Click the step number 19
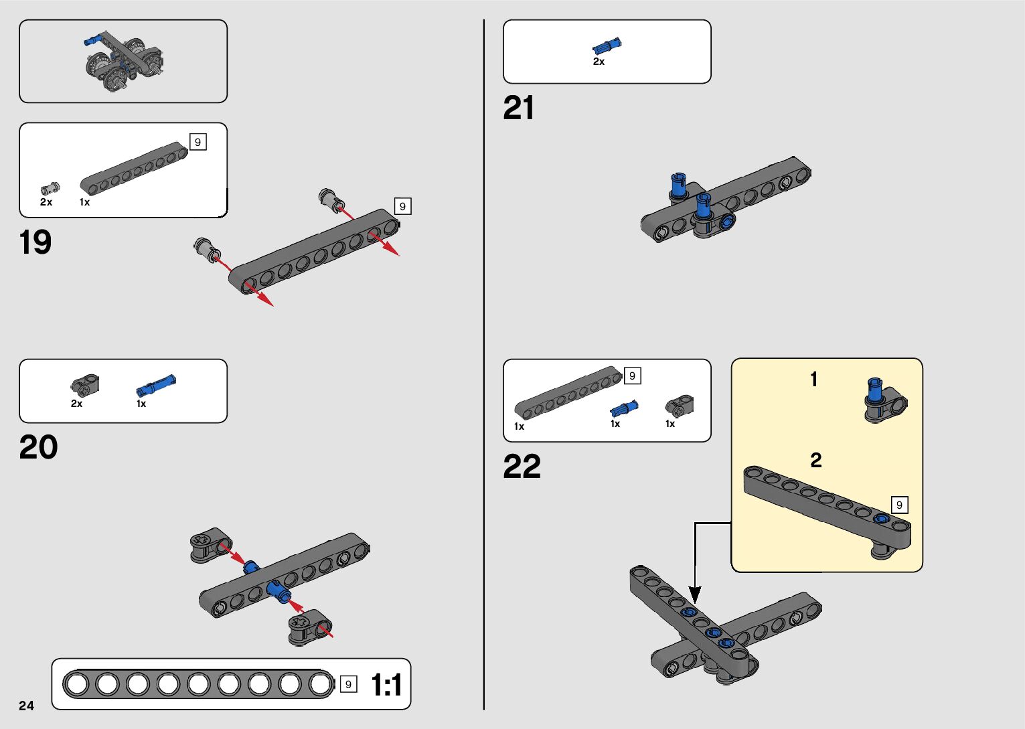tap(35, 242)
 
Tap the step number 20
tap(38, 447)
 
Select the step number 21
tap(519, 108)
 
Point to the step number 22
tap(522, 467)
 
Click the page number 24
tap(26, 706)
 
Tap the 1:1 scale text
tap(386, 685)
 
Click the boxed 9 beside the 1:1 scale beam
tap(348, 684)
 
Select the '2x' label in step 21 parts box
tap(599, 62)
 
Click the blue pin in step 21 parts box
tap(607, 46)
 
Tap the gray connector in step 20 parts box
tap(85, 384)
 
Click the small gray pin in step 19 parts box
tap(50, 189)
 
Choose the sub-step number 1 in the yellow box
tap(814, 380)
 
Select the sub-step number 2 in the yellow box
tap(815, 460)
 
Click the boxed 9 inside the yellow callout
tap(899, 505)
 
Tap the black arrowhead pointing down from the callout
tap(695, 594)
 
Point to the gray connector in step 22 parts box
tap(679, 406)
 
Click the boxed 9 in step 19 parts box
tap(198, 142)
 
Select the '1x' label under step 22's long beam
tap(519, 426)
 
